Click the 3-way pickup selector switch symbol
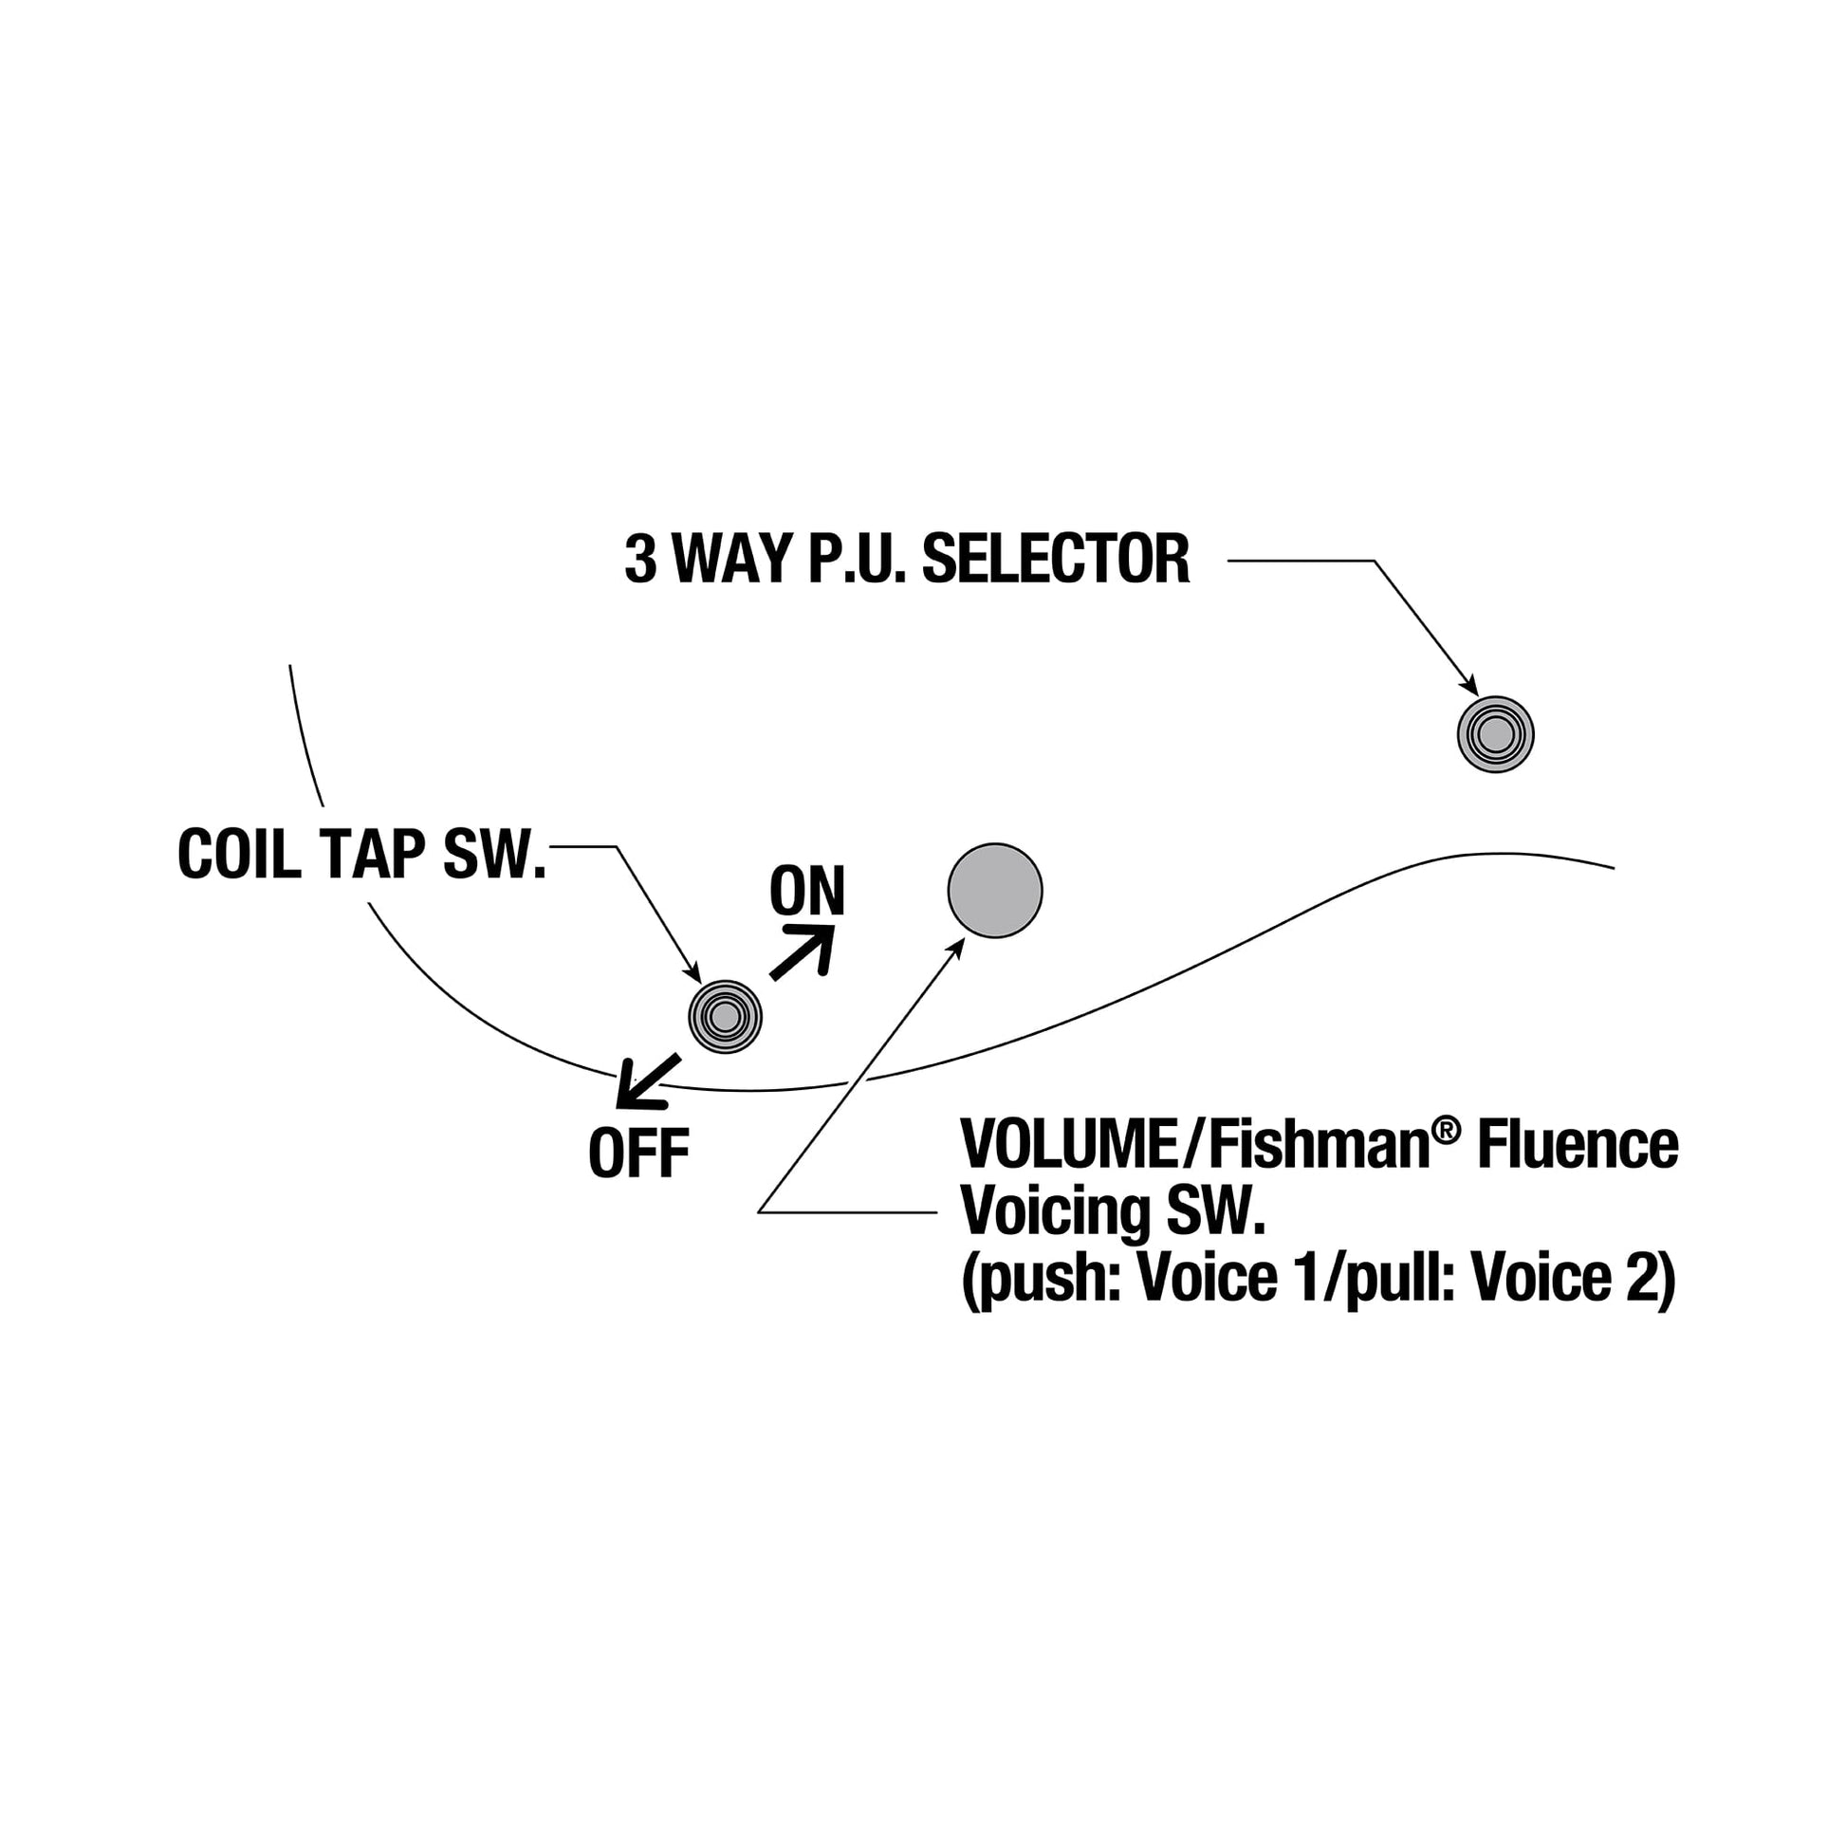click(1494, 734)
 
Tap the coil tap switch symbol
click(724, 1017)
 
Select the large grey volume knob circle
click(995, 891)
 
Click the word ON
click(807, 892)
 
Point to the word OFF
click(638, 1154)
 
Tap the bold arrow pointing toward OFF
click(647, 1081)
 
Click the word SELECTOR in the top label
click(1056, 560)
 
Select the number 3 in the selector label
click(640, 560)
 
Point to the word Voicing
click(1056, 1211)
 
